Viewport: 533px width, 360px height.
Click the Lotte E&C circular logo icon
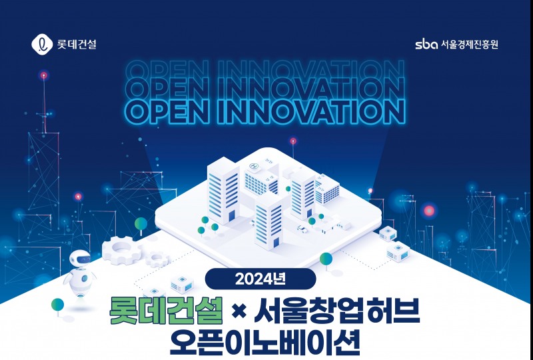41,45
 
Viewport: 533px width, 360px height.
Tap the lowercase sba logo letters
426,45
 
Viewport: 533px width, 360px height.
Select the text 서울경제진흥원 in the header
469,45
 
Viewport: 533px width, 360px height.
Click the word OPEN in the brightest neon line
166,111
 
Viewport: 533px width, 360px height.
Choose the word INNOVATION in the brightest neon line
310,111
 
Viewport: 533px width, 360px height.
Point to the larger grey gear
124,249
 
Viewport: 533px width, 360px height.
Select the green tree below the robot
59,306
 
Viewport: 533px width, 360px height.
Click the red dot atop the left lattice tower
44,74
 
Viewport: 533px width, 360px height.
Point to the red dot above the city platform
292,141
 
